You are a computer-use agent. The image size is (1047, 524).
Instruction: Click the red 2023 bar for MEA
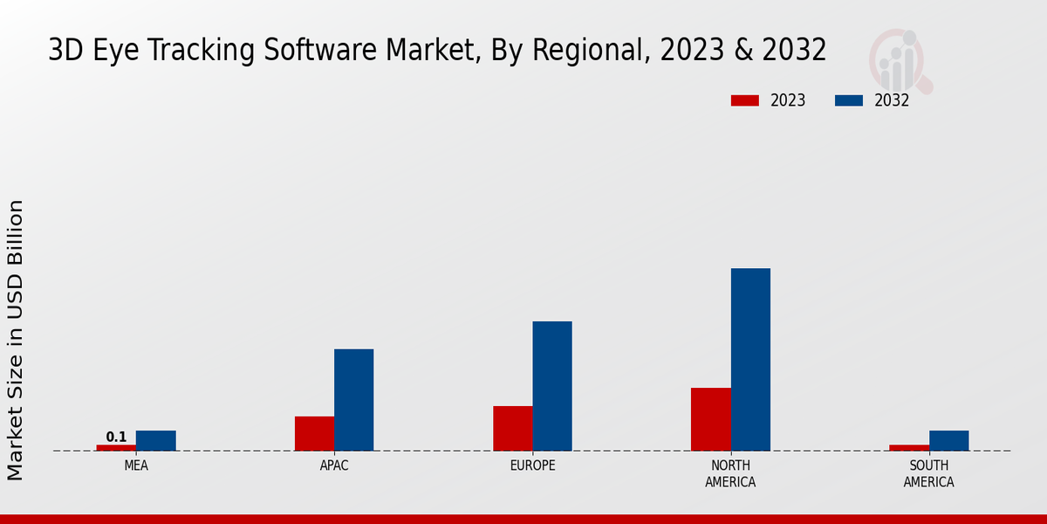pos(116,448)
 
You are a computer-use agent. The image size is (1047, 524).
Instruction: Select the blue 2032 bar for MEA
pos(155,441)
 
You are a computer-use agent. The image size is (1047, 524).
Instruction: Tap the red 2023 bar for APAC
pos(314,434)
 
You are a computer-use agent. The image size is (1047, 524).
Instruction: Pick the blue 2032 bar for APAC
pos(353,400)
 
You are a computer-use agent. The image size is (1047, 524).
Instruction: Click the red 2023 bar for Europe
pos(512,429)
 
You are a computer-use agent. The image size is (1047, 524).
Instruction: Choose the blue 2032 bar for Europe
pos(552,386)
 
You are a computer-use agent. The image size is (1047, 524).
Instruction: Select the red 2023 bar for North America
pos(710,419)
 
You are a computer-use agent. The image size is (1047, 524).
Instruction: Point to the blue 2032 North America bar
pos(750,360)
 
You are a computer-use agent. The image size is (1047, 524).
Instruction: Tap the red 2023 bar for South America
pos(909,448)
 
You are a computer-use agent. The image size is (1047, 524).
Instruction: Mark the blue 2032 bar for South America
pos(948,441)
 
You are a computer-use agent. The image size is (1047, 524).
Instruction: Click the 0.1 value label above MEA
pos(116,437)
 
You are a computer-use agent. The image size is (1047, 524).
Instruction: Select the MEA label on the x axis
pos(136,466)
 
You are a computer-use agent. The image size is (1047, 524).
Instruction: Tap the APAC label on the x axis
pos(334,466)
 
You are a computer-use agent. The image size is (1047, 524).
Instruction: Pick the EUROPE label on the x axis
pos(532,466)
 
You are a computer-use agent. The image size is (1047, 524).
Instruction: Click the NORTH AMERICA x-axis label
pos(730,474)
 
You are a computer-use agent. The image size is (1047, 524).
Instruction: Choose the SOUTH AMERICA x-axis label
pos(928,474)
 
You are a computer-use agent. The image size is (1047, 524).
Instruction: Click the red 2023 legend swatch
pos(744,100)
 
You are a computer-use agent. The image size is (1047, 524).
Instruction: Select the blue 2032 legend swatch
pos(848,100)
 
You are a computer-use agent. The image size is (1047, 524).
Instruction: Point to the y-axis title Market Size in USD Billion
pos(16,340)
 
